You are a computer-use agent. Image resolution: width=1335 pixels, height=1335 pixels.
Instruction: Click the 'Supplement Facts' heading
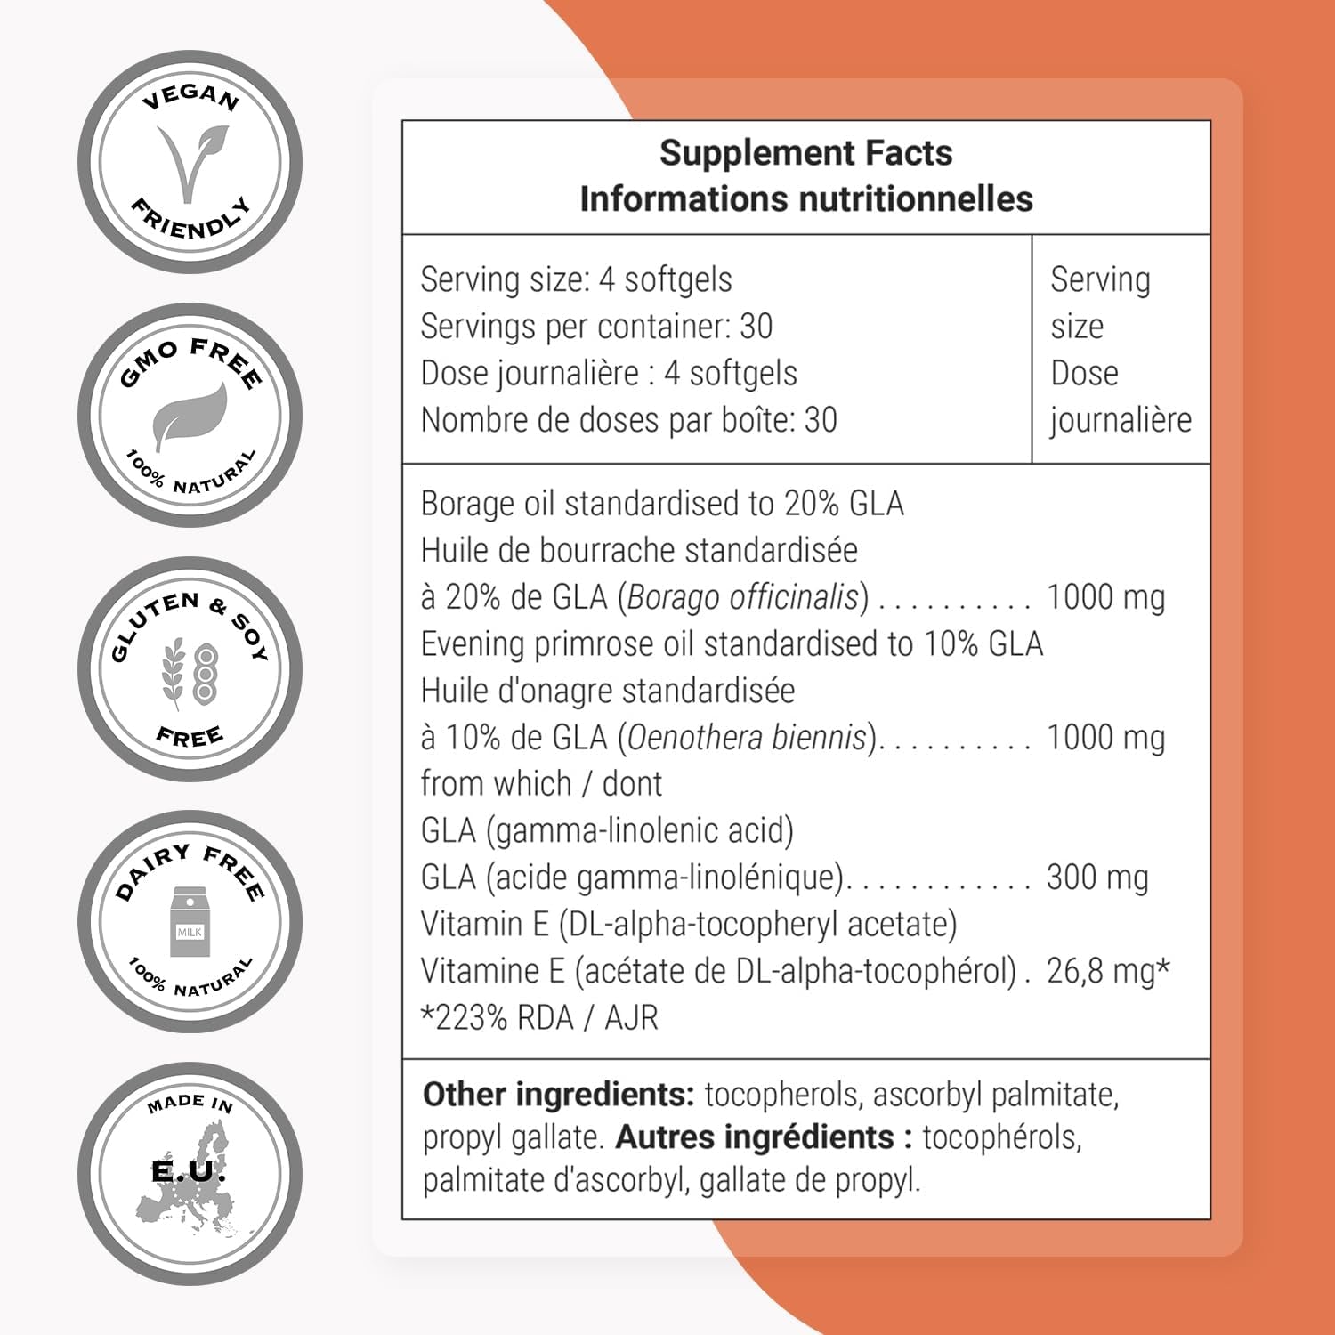point(805,153)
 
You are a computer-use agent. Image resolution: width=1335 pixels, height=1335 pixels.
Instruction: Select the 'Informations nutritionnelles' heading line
point(805,199)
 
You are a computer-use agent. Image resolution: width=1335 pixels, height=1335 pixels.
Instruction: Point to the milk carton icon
point(190,926)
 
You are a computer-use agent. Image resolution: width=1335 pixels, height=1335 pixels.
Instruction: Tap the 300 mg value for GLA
point(1097,878)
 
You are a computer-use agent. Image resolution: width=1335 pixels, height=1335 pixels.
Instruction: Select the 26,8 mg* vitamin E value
point(1107,971)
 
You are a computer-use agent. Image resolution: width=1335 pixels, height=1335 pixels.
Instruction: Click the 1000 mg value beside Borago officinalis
point(1105,597)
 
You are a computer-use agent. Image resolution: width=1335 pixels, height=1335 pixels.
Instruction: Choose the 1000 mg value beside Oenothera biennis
point(1105,737)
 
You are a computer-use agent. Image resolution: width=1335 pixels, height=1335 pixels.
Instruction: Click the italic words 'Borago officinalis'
point(744,597)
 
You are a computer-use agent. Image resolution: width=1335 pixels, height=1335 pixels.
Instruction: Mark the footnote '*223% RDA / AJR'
point(539,1017)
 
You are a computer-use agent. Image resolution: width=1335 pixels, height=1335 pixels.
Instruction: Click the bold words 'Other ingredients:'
point(558,1095)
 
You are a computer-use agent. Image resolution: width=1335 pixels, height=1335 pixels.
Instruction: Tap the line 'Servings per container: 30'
point(596,327)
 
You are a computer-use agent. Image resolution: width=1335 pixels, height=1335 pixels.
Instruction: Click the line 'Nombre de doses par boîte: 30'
point(628,420)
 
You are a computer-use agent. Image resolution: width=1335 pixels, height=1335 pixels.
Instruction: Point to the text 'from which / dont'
point(541,784)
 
